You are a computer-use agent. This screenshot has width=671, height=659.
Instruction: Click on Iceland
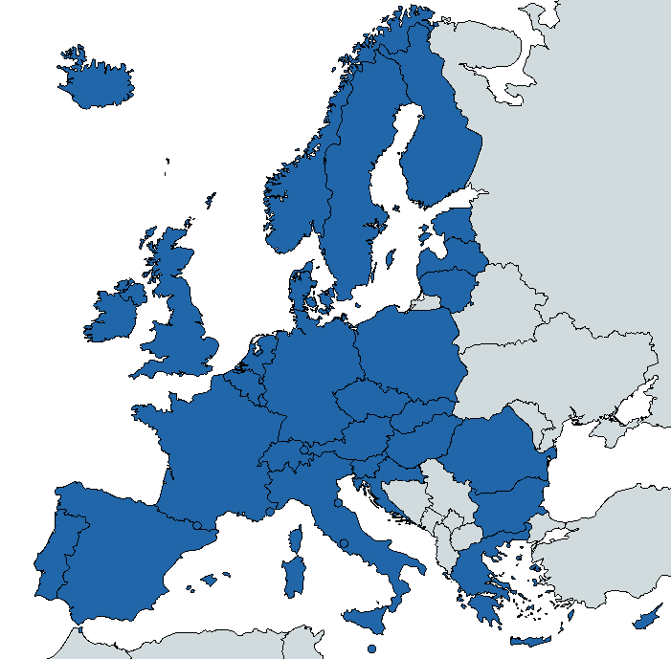[x=96, y=81]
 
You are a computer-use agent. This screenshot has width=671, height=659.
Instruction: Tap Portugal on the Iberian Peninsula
[x=53, y=564]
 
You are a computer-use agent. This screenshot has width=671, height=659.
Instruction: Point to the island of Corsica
[x=296, y=541]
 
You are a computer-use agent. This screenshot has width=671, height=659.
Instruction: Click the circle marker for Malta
[x=371, y=648]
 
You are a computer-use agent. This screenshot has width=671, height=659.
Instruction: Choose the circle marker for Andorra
[x=197, y=525]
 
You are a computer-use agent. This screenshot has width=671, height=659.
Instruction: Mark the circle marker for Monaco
[x=270, y=512]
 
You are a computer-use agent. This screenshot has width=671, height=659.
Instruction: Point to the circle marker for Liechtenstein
[x=305, y=449]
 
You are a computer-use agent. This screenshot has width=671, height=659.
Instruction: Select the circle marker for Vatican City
[x=344, y=543]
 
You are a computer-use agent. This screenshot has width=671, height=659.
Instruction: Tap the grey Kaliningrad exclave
[x=427, y=302]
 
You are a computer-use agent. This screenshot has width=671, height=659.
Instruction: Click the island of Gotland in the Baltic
[x=391, y=256]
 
